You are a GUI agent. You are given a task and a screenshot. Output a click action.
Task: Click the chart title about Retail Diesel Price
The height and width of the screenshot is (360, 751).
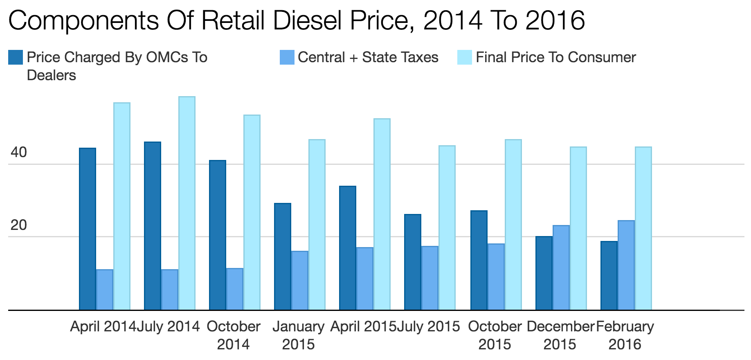(x=296, y=20)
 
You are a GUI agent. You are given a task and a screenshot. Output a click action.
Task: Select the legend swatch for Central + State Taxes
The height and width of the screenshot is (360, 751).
(x=287, y=57)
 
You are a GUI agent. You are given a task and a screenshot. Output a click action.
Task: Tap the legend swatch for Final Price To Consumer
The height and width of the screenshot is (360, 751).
(x=464, y=57)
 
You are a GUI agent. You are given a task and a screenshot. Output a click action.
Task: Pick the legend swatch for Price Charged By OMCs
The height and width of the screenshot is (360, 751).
(x=16, y=57)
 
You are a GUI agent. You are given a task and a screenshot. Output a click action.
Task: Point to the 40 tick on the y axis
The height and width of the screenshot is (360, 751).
(x=18, y=153)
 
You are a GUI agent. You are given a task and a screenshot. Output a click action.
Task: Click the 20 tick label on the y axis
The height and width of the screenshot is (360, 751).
(x=18, y=225)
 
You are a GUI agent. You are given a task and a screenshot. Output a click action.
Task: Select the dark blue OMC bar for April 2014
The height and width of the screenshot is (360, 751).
(x=87, y=229)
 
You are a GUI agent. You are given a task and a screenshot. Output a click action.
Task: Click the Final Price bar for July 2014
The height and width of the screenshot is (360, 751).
(x=187, y=203)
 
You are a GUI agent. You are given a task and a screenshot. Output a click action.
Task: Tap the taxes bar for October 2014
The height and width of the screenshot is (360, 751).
(x=235, y=289)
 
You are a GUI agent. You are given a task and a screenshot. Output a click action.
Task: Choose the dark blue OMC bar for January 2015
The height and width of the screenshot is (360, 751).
(x=282, y=256)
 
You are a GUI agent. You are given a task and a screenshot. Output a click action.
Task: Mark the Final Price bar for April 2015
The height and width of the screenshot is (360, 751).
(x=382, y=214)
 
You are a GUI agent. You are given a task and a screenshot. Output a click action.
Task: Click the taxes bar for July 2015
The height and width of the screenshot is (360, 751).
(x=430, y=278)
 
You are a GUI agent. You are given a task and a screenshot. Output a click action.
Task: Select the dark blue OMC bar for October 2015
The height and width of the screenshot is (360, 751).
(x=479, y=260)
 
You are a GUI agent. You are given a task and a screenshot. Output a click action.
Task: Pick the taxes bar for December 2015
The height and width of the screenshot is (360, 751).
(x=561, y=268)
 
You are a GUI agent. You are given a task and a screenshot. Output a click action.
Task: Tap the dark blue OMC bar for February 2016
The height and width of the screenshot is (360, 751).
(x=609, y=275)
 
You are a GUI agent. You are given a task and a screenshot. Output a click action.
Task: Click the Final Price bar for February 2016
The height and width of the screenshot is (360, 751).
(x=643, y=228)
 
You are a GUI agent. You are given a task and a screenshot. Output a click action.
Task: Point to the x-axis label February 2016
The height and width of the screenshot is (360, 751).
(x=625, y=335)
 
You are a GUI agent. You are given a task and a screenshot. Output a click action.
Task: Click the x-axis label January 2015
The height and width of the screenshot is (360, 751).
(x=298, y=335)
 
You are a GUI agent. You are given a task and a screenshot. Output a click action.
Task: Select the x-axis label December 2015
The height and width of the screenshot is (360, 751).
(x=560, y=335)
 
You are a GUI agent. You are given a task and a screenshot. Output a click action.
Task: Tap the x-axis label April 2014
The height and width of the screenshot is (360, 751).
(x=103, y=326)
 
